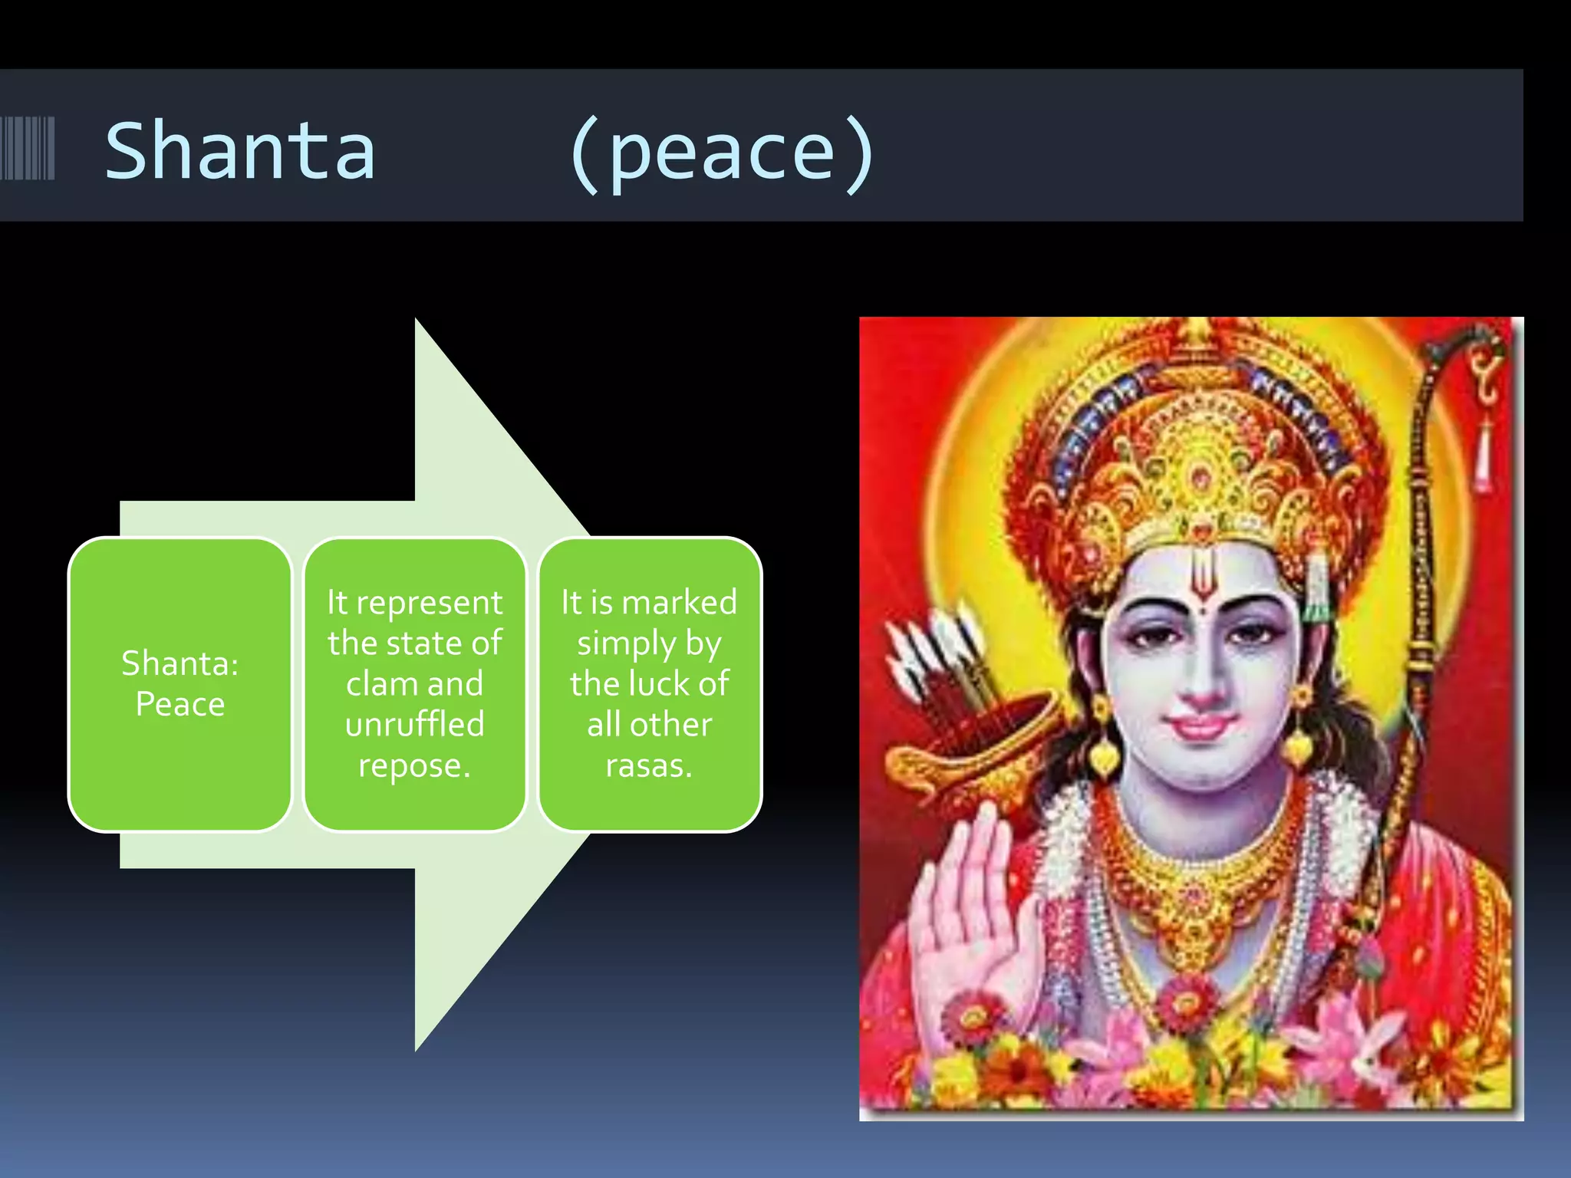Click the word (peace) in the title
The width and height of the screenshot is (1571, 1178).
[x=721, y=153]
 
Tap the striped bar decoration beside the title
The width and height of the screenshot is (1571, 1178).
[x=28, y=148]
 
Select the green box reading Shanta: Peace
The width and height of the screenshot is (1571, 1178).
[x=180, y=683]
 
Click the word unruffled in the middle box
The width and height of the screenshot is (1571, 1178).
[x=414, y=724]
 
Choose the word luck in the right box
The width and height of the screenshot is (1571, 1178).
[x=649, y=683]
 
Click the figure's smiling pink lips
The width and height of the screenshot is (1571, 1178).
[x=1202, y=724]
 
